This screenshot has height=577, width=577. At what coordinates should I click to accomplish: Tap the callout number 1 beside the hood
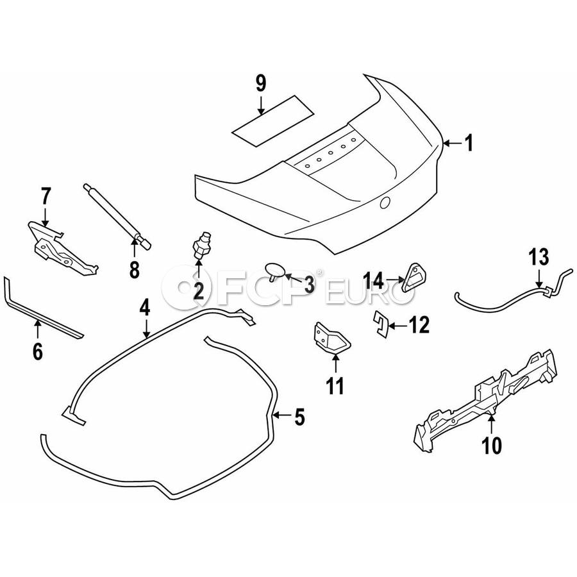pos(469,143)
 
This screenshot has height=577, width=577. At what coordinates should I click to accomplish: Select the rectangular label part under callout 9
pos(272,121)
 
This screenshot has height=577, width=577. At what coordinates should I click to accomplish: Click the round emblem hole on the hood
pos(385,203)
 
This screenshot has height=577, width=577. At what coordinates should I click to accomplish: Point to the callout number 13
pos(539,258)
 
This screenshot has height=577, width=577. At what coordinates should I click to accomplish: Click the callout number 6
pos(37,350)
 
